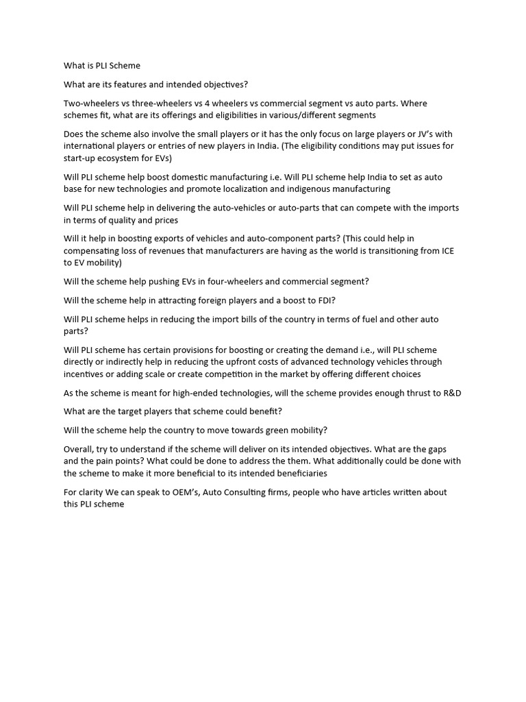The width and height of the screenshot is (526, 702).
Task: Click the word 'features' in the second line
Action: click(128, 85)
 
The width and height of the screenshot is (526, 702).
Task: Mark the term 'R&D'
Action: click(449, 393)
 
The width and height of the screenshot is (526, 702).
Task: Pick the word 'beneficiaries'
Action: click(297, 473)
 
